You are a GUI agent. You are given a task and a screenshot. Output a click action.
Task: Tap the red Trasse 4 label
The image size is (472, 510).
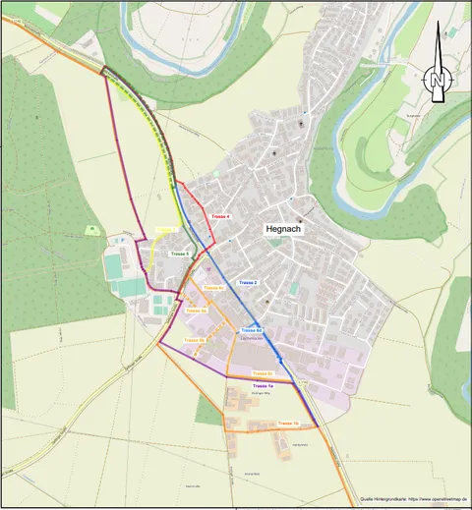(x=221, y=216)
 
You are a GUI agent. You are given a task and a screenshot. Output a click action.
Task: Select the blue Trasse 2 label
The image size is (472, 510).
(x=248, y=283)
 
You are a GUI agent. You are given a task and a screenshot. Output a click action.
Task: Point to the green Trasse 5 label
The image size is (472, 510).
(x=179, y=254)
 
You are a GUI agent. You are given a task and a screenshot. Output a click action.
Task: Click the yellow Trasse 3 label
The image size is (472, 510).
(x=166, y=231)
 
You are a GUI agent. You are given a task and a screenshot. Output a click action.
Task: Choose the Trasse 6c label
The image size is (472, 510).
(x=213, y=287)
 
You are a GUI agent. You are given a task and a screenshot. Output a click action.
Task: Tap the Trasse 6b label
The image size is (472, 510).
(x=194, y=340)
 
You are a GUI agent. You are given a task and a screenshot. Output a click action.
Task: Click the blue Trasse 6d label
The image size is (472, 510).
(x=251, y=330)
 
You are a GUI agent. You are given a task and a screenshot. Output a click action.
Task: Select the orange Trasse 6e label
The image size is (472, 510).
(x=262, y=373)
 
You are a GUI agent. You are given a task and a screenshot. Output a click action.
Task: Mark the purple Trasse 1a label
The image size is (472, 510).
(x=263, y=387)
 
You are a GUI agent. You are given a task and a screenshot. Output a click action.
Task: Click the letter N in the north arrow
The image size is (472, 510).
(x=438, y=80)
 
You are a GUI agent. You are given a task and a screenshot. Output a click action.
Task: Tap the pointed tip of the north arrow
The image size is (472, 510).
(x=438, y=22)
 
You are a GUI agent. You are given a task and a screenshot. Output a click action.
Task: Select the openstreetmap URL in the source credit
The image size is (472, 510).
(x=432, y=500)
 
